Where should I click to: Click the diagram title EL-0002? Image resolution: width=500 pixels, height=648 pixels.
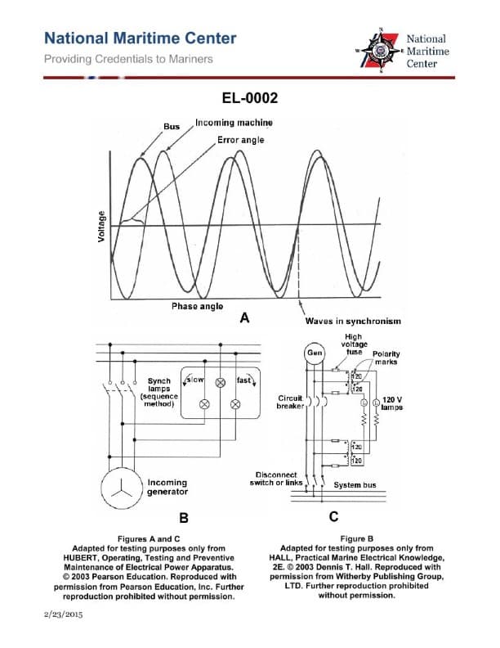250,99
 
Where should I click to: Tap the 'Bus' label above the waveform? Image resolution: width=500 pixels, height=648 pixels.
172,127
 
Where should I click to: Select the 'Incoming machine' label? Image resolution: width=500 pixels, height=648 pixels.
234,122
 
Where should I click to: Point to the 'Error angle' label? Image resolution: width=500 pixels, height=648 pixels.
241,140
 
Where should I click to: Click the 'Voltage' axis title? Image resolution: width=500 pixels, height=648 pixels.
101,227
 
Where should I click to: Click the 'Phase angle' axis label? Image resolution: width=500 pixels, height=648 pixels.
197,306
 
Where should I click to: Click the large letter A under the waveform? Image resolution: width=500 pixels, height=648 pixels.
243,319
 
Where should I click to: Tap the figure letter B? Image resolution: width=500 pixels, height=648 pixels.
185,517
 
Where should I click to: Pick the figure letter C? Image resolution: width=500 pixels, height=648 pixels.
333,517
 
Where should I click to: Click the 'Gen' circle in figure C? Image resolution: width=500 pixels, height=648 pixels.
314,353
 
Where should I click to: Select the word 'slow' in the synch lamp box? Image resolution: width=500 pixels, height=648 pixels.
196,380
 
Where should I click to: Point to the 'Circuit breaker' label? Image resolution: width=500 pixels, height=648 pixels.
291,401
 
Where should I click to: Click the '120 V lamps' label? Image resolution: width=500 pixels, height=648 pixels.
393,403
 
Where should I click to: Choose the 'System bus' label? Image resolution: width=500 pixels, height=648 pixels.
355,484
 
